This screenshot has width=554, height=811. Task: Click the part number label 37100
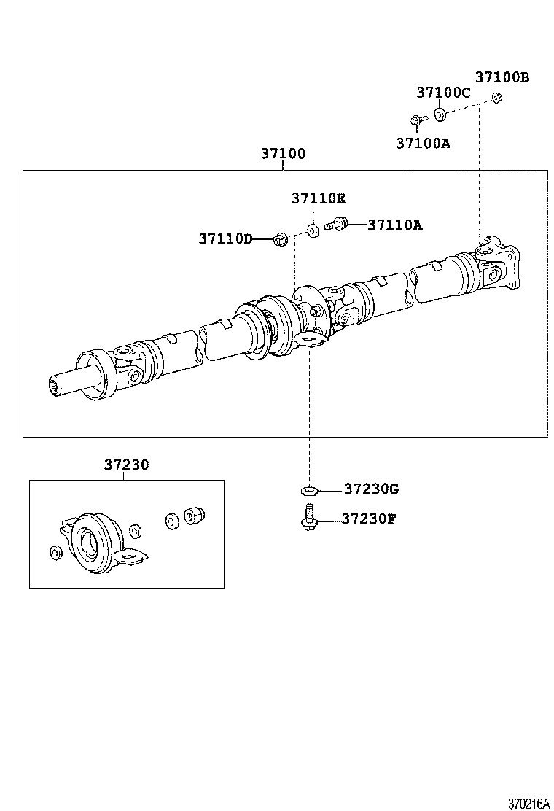pos(283,155)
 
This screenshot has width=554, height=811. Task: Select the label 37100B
pos(502,77)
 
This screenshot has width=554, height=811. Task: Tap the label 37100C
pos(443,93)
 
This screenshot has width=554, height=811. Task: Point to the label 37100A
pos(423,144)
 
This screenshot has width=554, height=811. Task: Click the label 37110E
pos(319,198)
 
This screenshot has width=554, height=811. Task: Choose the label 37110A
pos(394,225)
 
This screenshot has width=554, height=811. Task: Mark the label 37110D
pos(225,238)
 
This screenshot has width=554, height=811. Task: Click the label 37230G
pos(371,489)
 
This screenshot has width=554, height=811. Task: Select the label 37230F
pos(369,519)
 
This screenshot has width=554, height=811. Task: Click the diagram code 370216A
pos(528,804)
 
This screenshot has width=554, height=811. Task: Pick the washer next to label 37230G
pos(309,490)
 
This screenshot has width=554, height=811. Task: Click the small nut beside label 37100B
pos(496,98)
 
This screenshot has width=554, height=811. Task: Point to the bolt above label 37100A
pos(415,120)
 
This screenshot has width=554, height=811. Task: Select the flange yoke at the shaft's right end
pos(500,264)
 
